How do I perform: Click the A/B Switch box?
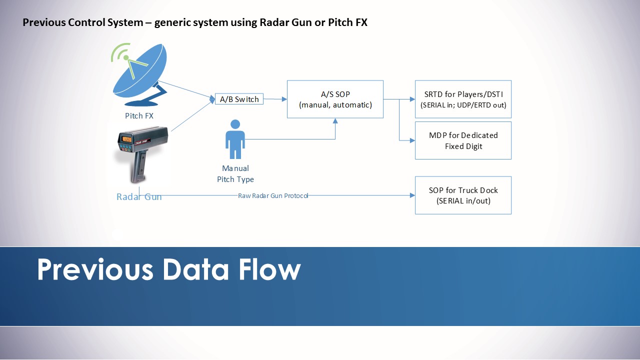click(239, 99)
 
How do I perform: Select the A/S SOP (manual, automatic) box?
click(335, 99)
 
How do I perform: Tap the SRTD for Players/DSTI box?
click(463, 99)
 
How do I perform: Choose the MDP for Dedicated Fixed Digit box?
click(463, 140)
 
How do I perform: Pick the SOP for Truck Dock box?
click(463, 195)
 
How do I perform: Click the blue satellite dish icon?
click(140, 75)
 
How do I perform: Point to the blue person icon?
click(235, 139)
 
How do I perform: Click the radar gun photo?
click(142, 155)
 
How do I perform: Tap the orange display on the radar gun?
click(126, 139)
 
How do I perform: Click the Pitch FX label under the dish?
click(139, 115)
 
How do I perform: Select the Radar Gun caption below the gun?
click(139, 196)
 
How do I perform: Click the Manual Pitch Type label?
click(235, 173)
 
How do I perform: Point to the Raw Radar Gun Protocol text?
click(273, 195)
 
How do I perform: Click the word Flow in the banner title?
click(269, 269)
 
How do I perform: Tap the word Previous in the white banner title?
click(95, 269)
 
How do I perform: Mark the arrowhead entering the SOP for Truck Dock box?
click(412, 195)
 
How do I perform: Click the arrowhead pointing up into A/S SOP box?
click(335, 121)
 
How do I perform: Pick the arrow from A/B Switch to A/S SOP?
click(275, 99)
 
